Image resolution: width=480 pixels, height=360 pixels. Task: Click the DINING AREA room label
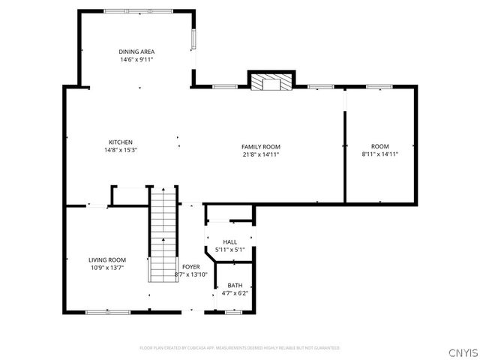pyautogui.click(x=136, y=52)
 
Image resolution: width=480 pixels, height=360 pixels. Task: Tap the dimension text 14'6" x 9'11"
pyautogui.click(x=136, y=59)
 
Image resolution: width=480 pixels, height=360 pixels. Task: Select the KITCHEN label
pyautogui.click(x=121, y=142)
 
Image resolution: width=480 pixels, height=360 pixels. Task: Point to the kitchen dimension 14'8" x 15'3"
pyautogui.click(x=121, y=149)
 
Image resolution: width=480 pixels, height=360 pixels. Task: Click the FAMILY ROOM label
pyautogui.click(x=260, y=146)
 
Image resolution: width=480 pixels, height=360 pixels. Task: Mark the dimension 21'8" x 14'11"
pyautogui.click(x=260, y=154)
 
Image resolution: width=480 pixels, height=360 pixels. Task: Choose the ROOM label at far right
pyautogui.click(x=379, y=146)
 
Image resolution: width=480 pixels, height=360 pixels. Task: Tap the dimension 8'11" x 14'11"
pyautogui.click(x=379, y=154)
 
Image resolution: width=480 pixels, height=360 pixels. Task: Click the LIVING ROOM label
pyautogui.click(x=107, y=259)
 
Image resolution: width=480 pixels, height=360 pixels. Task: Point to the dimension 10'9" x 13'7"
pyautogui.click(x=107, y=267)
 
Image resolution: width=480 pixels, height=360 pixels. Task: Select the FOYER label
pyautogui.click(x=190, y=266)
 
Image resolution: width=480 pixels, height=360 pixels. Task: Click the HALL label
pyautogui.click(x=229, y=241)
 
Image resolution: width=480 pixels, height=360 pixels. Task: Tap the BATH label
pyautogui.click(x=234, y=285)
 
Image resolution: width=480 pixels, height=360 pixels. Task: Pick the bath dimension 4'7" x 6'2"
pyautogui.click(x=234, y=292)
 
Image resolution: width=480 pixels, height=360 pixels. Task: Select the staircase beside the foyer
pyautogui.click(x=161, y=234)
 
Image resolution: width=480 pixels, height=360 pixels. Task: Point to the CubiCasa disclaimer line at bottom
pyautogui.click(x=240, y=348)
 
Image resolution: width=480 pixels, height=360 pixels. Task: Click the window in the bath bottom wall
pyautogui.click(x=233, y=312)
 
